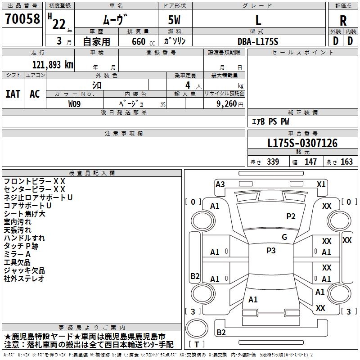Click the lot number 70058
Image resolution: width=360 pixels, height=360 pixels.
tap(22, 19)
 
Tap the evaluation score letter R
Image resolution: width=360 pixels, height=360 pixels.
tap(343, 20)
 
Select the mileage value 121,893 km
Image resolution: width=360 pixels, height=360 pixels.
tap(53, 65)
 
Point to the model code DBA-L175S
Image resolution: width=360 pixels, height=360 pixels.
tap(258, 41)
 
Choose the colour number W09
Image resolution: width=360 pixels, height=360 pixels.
tap(75, 103)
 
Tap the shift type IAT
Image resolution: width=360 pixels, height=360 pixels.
tap(13, 94)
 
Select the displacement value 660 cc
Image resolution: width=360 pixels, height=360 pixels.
tap(138, 41)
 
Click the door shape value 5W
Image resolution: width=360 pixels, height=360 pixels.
tap(175, 20)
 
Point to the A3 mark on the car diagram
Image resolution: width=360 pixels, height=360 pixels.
tap(220, 184)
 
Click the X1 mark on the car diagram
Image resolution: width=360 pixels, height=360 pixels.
tap(321, 184)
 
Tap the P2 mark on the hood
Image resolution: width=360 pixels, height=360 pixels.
tap(291, 216)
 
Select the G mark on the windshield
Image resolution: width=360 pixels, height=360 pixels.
tap(284, 237)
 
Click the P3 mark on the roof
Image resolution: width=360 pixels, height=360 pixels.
tap(271, 251)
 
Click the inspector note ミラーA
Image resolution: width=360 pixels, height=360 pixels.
tap(18, 254)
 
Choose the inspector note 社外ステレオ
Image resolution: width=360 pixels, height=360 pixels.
tap(24, 279)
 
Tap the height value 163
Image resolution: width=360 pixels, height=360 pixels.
tap(346, 162)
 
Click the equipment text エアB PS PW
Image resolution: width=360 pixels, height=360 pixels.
tap(270, 121)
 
